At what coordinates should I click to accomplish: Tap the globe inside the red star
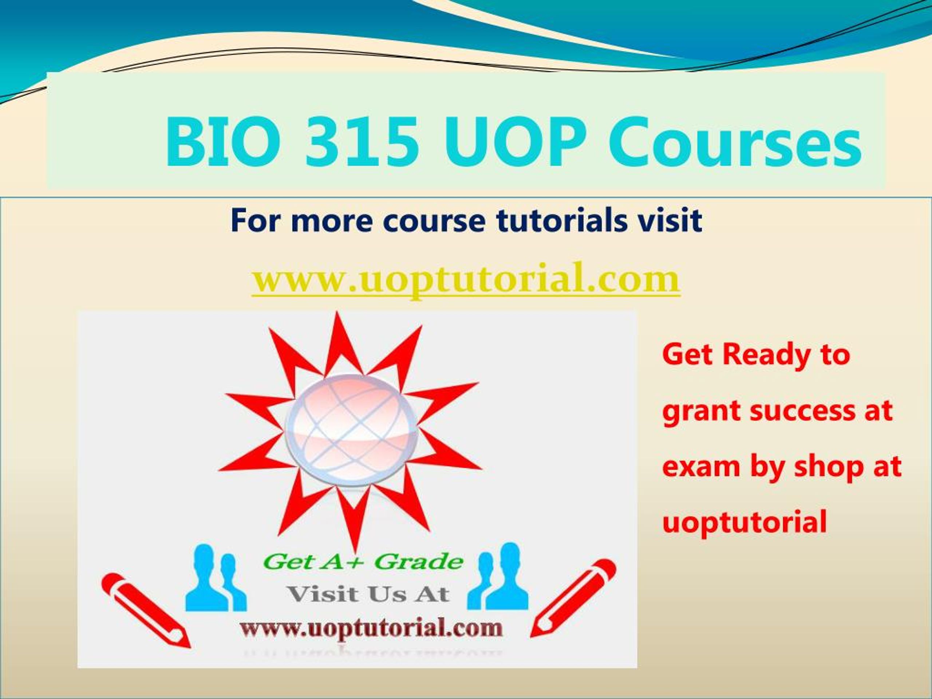point(351,429)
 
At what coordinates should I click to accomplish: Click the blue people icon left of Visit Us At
point(216,578)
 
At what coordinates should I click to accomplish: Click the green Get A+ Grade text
point(364,562)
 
